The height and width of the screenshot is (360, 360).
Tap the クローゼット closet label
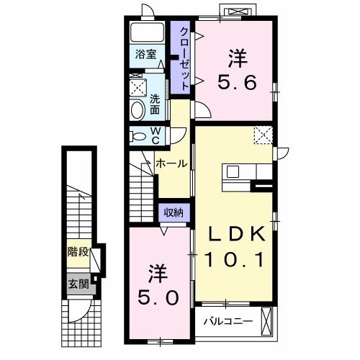(184, 58)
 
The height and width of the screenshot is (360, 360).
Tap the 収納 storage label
(173, 212)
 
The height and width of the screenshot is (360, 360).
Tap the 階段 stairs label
(78, 252)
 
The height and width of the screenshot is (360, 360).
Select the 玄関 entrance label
(78, 284)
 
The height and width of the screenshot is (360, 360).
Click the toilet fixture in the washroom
(137, 109)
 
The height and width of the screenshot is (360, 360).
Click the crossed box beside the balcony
(269, 320)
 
